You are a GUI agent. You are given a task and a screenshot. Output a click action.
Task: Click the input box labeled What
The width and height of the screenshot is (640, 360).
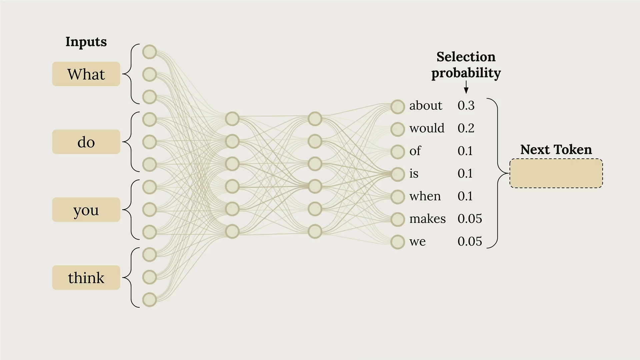[x=86, y=74]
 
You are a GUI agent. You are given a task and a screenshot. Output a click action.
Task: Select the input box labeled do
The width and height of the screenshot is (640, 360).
[x=86, y=142]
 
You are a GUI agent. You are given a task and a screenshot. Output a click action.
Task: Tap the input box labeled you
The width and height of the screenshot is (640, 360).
[x=86, y=210]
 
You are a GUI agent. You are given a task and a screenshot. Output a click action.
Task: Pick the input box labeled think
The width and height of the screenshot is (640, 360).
[x=86, y=278]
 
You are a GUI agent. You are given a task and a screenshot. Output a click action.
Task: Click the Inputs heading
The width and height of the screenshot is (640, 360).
[x=86, y=42]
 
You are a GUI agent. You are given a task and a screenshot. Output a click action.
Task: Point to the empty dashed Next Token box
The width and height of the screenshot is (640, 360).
[x=556, y=173]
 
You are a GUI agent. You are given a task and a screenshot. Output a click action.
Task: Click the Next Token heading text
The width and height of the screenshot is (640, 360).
[x=556, y=149]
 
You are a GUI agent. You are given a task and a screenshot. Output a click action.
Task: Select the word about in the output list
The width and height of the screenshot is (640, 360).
[x=426, y=105]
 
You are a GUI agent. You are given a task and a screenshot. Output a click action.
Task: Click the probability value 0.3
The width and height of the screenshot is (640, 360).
[x=466, y=105]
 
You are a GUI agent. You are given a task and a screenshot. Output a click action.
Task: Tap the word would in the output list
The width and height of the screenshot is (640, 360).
[x=427, y=128]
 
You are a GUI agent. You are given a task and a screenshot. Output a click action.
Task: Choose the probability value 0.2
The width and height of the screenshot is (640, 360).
[x=466, y=128]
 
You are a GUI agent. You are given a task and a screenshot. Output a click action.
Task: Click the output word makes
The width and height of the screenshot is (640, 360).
[x=427, y=219]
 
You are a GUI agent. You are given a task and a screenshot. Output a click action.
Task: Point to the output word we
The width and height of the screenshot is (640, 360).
[x=417, y=242]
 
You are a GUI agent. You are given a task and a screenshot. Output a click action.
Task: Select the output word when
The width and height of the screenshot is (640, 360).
[x=425, y=196]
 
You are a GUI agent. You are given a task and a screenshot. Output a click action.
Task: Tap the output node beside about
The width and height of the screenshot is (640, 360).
[x=398, y=107]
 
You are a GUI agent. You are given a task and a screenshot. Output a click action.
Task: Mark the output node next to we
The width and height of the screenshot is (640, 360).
[x=398, y=242]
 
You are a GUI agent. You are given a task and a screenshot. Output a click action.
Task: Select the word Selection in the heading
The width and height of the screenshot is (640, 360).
[x=466, y=57]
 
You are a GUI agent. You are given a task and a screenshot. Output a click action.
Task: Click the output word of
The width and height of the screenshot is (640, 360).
[x=415, y=151]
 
